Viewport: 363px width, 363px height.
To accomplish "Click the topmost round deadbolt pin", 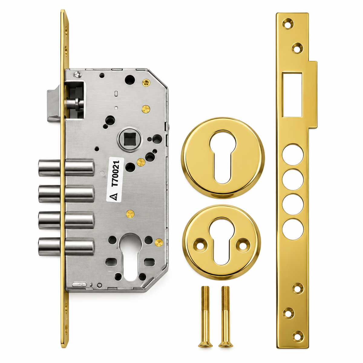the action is [x=66, y=168].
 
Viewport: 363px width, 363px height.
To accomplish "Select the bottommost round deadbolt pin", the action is [x=66, y=247].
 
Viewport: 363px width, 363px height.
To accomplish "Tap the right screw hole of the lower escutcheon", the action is [x=243, y=245].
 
